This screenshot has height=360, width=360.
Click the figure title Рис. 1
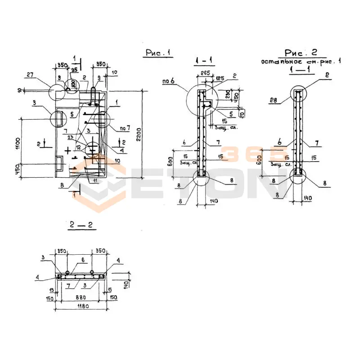tap(158, 53)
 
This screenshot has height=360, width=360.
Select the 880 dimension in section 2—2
tap(81, 297)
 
